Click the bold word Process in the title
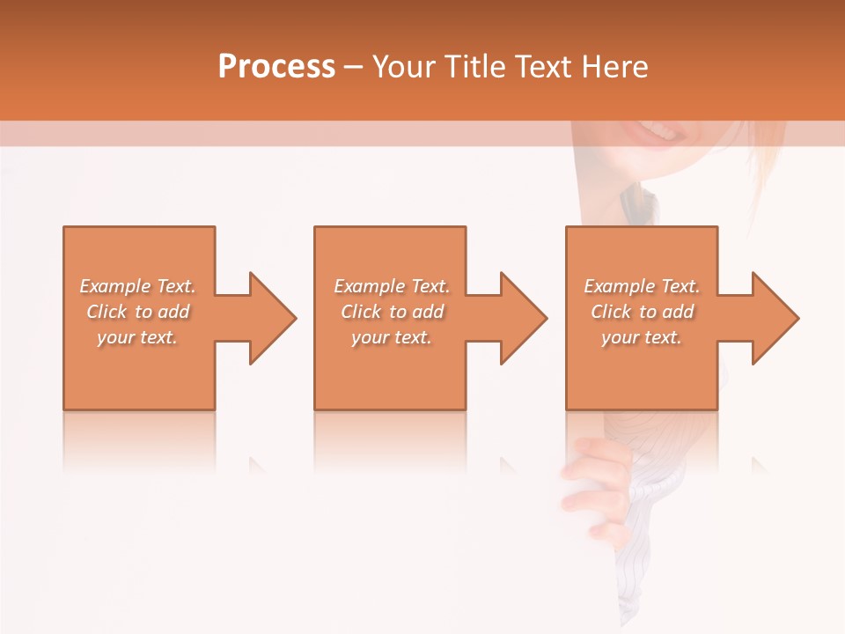click(276, 67)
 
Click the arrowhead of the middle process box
click(522, 318)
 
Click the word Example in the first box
click(115, 286)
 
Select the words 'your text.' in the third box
click(641, 337)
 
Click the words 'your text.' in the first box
click(137, 337)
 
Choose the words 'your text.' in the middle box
click(391, 337)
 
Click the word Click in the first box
click(106, 312)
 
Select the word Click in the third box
click(610, 312)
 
